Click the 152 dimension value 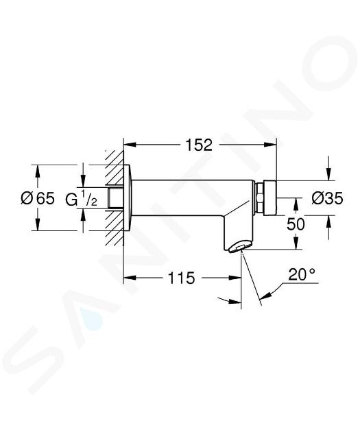click(199, 145)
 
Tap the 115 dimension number click(181, 278)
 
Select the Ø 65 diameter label click(38, 197)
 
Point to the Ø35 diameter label click(327, 198)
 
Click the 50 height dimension click(296, 224)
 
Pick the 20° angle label click(302, 274)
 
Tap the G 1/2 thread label click(81, 198)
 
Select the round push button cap click(270, 197)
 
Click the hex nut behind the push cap click(260, 197)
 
